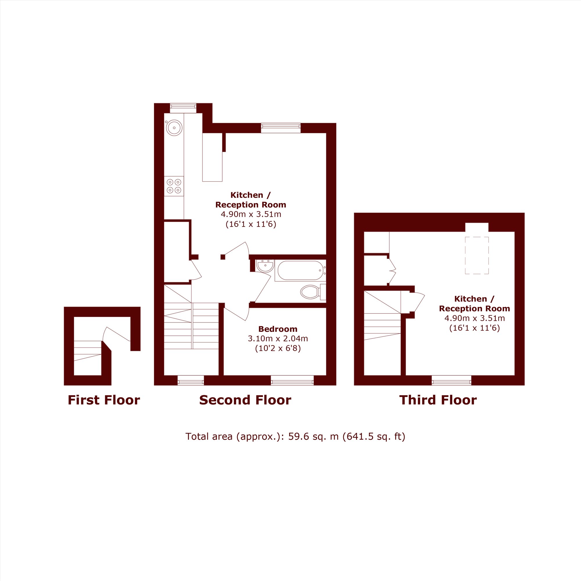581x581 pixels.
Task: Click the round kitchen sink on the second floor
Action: click(174, 128)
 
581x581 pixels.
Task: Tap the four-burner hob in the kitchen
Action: click(174, 186)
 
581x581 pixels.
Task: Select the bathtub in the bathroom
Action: click(300, 270)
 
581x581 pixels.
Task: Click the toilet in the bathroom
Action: click(313, 292)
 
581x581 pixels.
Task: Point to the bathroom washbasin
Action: click(265, 266)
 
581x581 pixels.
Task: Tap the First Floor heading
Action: click(104, 400)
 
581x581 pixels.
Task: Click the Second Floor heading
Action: click(245, 400)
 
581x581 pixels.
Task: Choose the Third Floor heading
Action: click(438, 400)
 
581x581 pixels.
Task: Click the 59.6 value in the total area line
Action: click(299, 436)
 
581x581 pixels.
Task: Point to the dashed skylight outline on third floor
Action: click(477, 255)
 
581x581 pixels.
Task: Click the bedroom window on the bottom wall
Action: click(292, 381)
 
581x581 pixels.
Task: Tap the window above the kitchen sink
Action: click(183, 108)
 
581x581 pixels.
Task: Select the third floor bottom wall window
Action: click(451, 381)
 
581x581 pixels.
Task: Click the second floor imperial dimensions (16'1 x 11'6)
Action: click(251, 224)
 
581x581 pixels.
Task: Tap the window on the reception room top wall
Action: click(281, 128)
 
